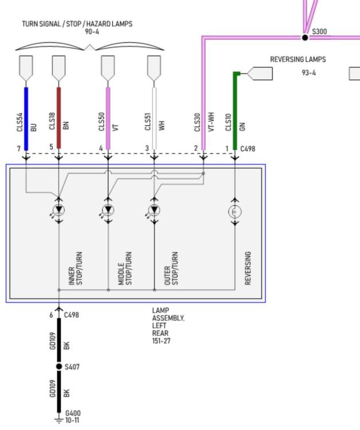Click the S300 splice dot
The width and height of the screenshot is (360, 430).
[305, 38]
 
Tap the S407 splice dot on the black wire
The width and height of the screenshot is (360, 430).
[59, 366]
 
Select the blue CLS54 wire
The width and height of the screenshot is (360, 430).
[26, 119]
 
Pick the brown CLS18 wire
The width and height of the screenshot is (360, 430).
[58, 118]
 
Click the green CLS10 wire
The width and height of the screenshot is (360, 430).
[235, 111]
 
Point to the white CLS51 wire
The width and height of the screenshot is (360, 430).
[154, 119]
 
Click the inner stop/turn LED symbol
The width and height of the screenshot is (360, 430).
[58, 210]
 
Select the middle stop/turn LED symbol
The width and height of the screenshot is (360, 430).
[108, 210]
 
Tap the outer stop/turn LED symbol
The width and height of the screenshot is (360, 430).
[154, 210]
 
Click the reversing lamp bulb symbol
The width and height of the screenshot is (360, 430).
[234, 212]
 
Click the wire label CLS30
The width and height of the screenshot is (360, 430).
[197, 122]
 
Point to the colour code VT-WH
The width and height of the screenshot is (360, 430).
[211, 122]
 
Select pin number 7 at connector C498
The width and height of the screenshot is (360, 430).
[19, 148]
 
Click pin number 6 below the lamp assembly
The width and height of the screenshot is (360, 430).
[51, 315]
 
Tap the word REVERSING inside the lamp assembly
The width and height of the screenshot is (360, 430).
[248, 268]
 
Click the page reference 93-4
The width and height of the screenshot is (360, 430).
[309, 73]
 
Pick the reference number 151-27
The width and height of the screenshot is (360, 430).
[161, 341]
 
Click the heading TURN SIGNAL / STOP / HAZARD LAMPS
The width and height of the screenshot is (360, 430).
[77, 24]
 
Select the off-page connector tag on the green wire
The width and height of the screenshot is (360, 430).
[260, 73]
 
